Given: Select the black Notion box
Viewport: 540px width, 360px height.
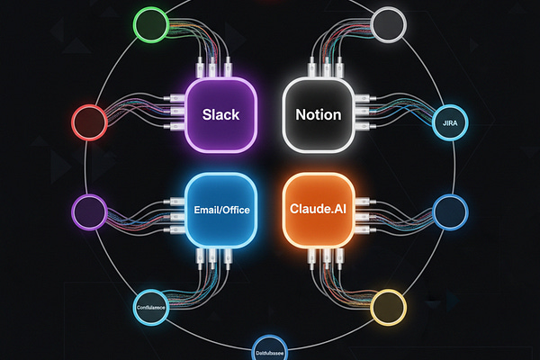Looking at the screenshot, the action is tap(319, 114).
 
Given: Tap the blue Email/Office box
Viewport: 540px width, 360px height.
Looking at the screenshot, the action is tap(221, 211).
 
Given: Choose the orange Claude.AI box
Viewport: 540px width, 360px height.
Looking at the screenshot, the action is tap(319, 211).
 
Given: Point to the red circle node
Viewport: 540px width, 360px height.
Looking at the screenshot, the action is tap(88, 121).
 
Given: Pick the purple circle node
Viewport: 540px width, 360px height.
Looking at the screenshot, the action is tap(88, 212).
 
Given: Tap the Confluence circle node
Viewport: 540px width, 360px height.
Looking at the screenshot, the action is tap(154, 307).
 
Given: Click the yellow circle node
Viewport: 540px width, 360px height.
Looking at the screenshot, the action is tap(389, 307).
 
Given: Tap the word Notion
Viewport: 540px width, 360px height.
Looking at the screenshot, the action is tap(319, 115).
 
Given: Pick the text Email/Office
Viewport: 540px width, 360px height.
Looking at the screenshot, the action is tap(221, 211).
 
